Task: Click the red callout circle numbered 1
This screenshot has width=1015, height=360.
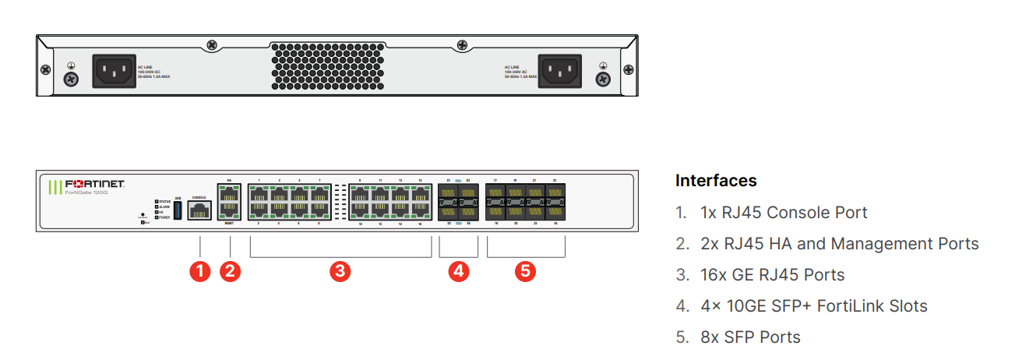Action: pyautogui.click(x=200, y=272)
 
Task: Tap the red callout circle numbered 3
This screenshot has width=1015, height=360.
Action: pyautogui.click(x=340, y=272)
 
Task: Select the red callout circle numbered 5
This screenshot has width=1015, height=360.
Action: pyautogui.click(x=526, y=272)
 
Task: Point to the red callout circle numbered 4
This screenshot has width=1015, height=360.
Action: pyautogui.click(x=458, y=272)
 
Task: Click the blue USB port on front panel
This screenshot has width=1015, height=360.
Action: pyautogui.click(x=178, y=210)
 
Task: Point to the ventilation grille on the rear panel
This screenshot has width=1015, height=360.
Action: pyautogui.click(x=339, y=66)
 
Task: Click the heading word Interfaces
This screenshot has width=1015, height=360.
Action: pyautogui.click(x=716, y=181)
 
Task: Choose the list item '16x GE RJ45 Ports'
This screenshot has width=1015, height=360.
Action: pyautogui.click(x=759, y=275)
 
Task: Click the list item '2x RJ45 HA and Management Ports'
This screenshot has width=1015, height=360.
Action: pyautogui.click(x=826, y=244)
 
